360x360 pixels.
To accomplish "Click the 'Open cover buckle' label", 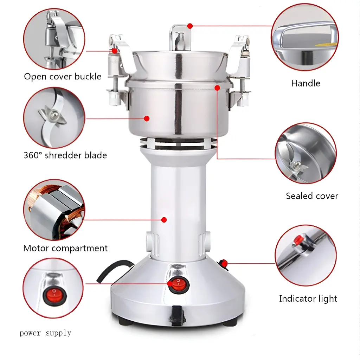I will (x=63, y=76).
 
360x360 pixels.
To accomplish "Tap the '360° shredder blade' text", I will (x=65, y=155).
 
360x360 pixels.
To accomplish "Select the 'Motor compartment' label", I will (x=65, y=248).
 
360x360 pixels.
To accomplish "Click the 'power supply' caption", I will (x=45, y=333).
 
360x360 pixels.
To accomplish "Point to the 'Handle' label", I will (x=306, y=83).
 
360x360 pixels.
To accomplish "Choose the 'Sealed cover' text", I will (x=312, y=196).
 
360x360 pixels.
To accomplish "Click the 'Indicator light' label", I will (x=308, y=299).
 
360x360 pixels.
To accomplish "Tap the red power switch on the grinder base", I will (x=178, y=284).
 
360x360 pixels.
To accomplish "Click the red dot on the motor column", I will (x=164, y=220).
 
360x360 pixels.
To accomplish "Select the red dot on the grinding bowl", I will (x=147, y=119).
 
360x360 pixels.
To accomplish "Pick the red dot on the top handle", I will (x=190, y=26).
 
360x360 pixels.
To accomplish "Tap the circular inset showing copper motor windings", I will (x=54, y=210).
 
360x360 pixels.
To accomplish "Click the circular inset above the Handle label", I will (x=304, y=39).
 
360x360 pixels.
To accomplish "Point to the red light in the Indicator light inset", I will (x=298, y=240).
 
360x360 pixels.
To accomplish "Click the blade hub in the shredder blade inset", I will (x=53, y=114).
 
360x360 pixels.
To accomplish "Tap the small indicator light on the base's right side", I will (x=223, y=263).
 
